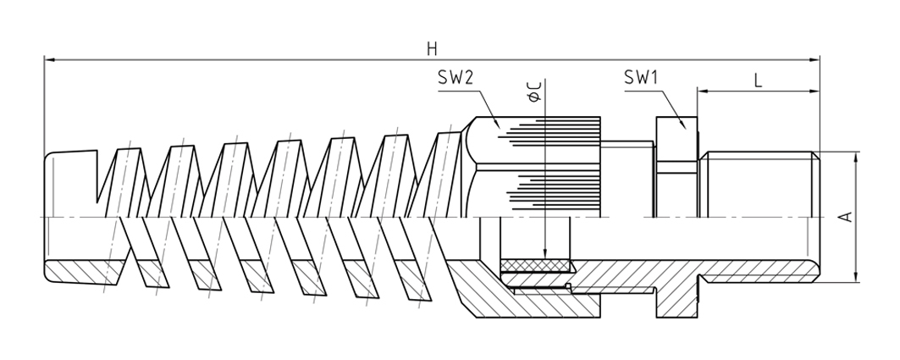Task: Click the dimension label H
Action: click(432, 48)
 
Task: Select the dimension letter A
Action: click(846, 217)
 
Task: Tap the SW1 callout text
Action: click(641, 78)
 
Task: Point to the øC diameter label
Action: click(533, 91)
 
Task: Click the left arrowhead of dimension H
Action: click(49, 60)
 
